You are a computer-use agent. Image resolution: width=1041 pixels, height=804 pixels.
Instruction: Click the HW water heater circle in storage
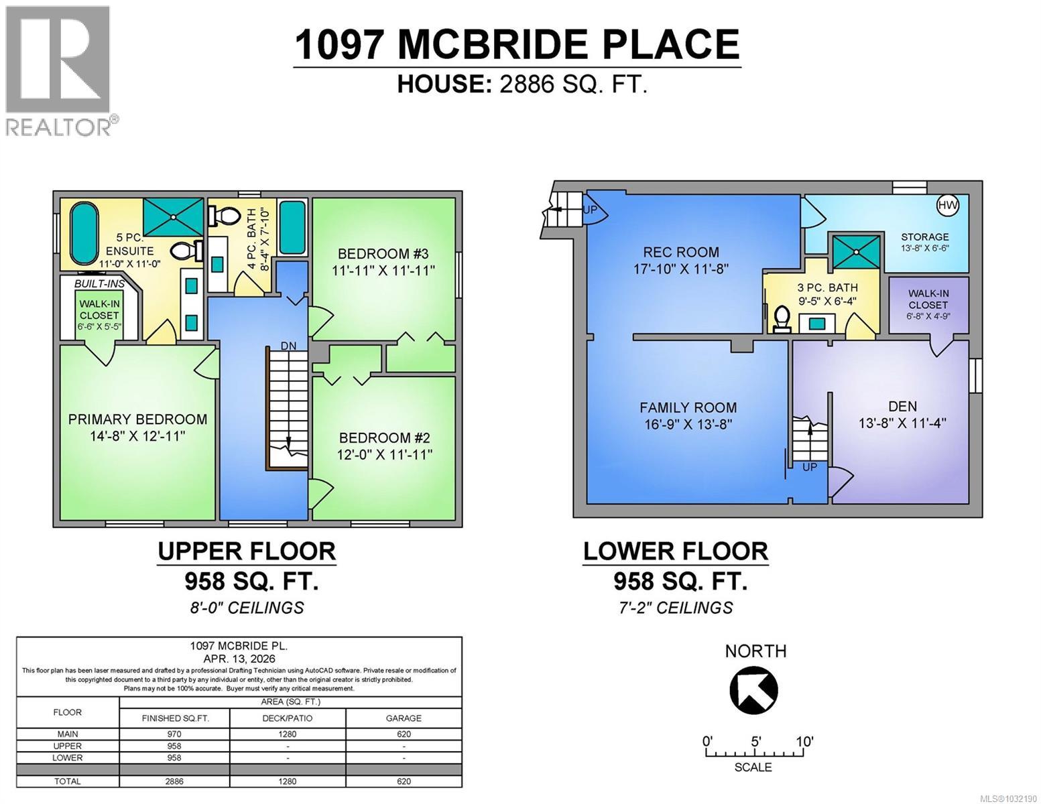pyautogui.click(x=947, y=206)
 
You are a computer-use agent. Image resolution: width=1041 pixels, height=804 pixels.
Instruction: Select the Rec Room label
pyautogui.click(x=680, y=253)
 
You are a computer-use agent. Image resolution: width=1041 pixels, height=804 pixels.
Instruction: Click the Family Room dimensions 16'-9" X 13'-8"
pyautogui.click(x=688, y=424)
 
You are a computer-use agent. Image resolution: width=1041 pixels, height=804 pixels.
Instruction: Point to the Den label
pyautogui.click(x=902, y=406)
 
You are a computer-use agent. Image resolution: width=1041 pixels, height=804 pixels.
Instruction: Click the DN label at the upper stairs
pyautogui.click(x=288, y=346)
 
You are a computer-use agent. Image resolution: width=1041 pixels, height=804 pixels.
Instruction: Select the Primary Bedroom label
pyautogui.click(x=137, y=419)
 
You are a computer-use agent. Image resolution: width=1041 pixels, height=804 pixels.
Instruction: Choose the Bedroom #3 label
pyautogui.click(x=383, y=254)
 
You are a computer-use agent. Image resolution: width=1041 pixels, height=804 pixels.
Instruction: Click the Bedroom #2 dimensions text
pyautogui.click(x=385, y=455)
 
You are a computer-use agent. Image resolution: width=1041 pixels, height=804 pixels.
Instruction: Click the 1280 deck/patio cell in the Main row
pyautogui.click(x=288, y=734)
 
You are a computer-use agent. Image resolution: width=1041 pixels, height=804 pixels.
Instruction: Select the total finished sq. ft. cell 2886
pyautogui.click(x=174, y=781)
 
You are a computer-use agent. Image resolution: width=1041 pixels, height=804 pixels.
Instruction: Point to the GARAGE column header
pyautogui.click(x=404, y=718)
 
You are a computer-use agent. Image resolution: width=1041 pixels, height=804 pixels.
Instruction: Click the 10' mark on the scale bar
pyautogui.click(x=804, y=742)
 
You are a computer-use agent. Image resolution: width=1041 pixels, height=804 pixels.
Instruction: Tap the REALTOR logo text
pyautogui.click(x=59, y=127)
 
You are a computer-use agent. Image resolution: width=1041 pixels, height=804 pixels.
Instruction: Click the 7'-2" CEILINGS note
pyautogui.click(x=675, y=608)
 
